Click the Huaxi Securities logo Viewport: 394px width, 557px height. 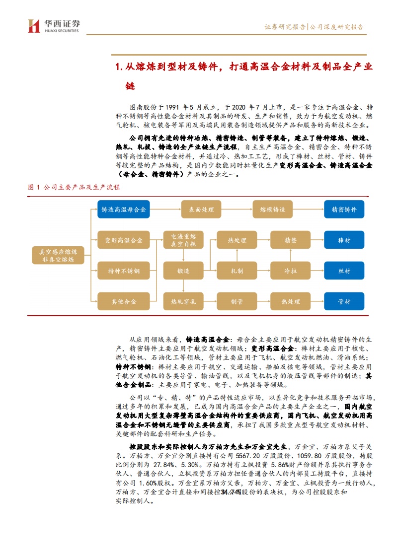tap(54, 26)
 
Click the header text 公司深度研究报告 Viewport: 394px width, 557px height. tap(336, 27)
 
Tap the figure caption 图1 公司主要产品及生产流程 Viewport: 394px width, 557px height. tap(74, 187)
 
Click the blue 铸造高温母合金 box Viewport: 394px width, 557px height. tap(123, 210)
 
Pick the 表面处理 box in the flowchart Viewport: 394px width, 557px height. tap(201, 210)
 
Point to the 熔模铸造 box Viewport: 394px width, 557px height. tap(272, 210)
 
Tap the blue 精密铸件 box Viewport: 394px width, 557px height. tap(344, 210)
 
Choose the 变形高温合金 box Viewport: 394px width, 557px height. tap(123, 240)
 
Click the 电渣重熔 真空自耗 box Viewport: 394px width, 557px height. tap(183, 240)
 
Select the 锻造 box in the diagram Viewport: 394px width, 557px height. tap(183, 271)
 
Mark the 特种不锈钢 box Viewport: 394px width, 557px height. tap(123, 271)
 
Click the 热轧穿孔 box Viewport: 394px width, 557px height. tap(183, 301)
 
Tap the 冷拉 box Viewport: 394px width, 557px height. tap(290, 271)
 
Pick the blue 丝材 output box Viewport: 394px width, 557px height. tap(344, 271)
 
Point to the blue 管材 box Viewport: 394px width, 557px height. tap(344, 301)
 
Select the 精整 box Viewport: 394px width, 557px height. tap(290, 240)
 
